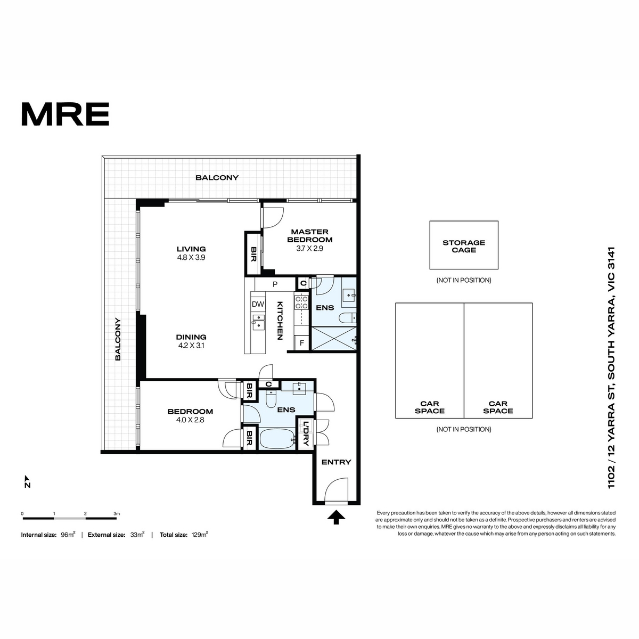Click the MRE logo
(65, 114)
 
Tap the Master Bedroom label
(309, 235)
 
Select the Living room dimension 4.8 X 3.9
(191, 257)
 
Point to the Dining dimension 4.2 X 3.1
(191, 346)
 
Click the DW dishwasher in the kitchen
(258, 304)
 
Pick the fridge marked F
(302, 343)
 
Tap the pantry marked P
(275, 284)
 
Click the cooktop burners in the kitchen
(301, 302)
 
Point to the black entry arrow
(336, 517)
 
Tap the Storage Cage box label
(464, 246)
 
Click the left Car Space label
(429, 407)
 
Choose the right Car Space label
(498, 407)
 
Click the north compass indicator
(27, 481)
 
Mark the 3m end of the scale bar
(117, 518)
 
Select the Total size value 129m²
(200, 535)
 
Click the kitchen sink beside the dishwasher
(258, 323)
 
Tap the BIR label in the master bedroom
(253, 254)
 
